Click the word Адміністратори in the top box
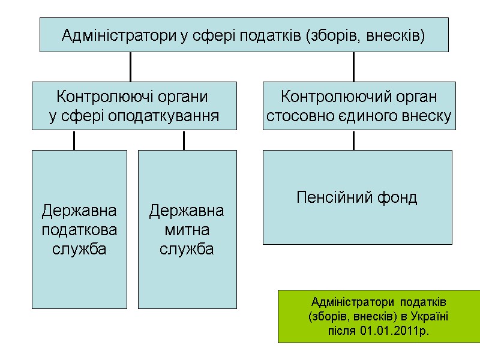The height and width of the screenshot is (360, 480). (x=119, y=36)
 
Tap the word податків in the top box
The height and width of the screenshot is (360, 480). (x=272, y=36)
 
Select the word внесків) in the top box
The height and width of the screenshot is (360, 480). (x=398, y=36)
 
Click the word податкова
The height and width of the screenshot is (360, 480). (x=79, y=230)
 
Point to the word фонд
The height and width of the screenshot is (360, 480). (x=397, y=197)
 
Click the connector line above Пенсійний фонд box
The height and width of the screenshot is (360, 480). (x=353, y=140)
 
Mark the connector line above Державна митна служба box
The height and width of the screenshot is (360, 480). (x=184, y=140)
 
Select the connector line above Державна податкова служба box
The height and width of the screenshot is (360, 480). (x=74, y=140)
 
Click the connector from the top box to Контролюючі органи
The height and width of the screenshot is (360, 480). (x=130, y=67)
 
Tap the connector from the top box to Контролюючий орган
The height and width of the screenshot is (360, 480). (x=353, y=67)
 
